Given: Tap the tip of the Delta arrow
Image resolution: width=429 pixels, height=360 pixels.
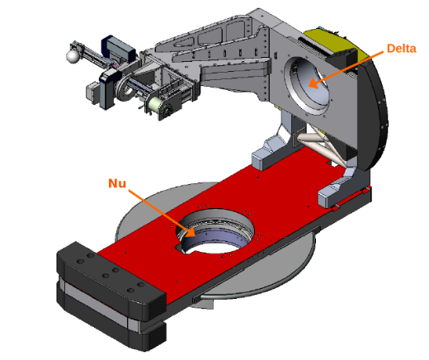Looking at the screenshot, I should (x=309, y=84).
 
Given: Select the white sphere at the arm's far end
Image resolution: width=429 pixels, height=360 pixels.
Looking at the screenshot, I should (x=73, y=57).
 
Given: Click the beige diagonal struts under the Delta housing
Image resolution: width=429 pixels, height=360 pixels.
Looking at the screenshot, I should (x=325, y=145).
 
